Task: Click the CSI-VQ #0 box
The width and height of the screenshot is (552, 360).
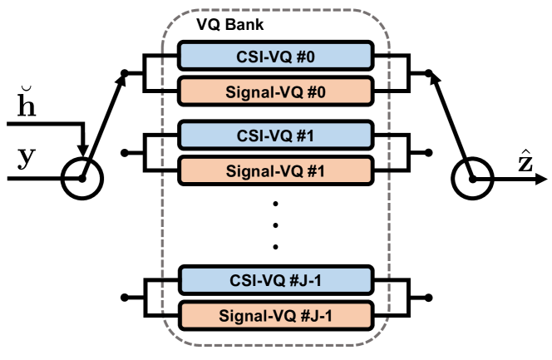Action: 275,56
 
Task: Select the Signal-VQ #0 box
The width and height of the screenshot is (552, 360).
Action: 275,91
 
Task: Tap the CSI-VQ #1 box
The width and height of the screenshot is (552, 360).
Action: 275,136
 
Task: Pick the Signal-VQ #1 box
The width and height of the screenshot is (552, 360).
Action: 275,170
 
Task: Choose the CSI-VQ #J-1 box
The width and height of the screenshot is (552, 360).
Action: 275,280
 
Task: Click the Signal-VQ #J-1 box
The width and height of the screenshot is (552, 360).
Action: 275,316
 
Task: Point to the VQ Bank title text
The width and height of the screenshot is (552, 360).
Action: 230,25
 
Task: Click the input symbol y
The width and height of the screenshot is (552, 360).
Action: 27,157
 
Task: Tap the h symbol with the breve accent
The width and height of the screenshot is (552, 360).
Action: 27,101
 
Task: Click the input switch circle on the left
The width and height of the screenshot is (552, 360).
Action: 82,179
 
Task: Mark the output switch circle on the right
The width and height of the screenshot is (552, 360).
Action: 472,179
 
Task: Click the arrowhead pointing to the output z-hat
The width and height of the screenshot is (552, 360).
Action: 541,179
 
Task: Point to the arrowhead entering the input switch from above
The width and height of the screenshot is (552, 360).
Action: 83,150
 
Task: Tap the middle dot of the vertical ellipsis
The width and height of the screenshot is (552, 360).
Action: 275,225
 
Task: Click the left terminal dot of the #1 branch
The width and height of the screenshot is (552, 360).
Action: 124,153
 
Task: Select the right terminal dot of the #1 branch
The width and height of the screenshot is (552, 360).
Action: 428,153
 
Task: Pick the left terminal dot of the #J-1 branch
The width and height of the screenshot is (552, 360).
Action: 124,298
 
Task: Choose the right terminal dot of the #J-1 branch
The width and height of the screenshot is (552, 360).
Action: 428,298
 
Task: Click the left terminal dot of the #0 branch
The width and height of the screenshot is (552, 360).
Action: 124,73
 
